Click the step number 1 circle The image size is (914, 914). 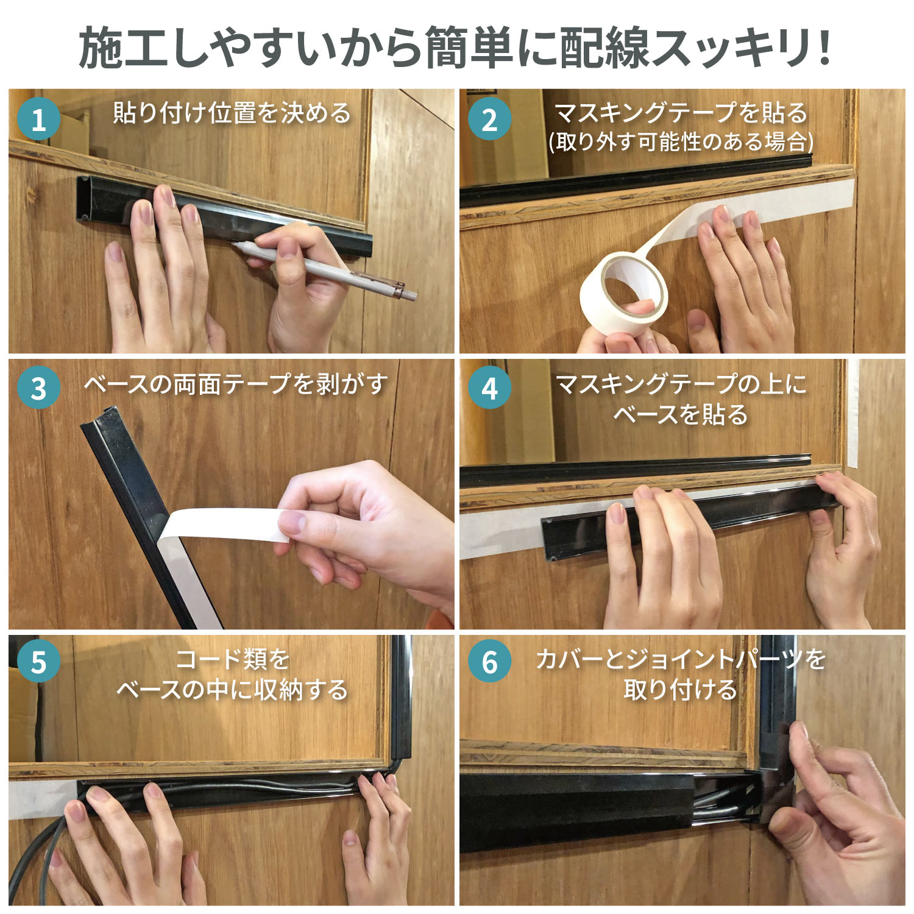coord(39,119)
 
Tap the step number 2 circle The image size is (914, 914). coord(489,119)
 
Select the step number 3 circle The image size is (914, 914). coord(39,388)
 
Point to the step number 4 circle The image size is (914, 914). coord(489,388)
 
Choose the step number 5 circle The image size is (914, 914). coord(39,662)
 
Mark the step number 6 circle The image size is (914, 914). coord(489,662)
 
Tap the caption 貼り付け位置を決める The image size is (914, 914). coord(232,113)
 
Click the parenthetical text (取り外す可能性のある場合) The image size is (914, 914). coord(681,142)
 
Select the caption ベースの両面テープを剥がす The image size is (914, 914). coord(235,384)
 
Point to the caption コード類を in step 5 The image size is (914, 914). coord(232,659)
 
